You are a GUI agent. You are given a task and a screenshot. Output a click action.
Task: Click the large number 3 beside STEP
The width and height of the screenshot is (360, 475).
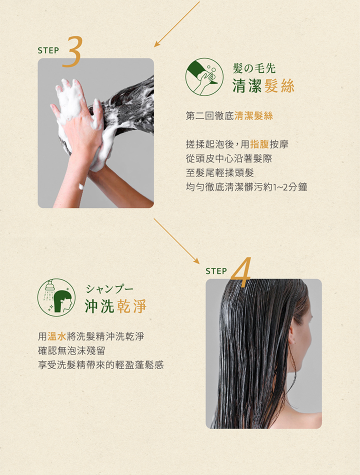pyautogui.click(x=73, y=51)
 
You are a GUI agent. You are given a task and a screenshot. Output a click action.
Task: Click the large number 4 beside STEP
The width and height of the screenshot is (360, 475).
pyautogui.click(x=241, y=272)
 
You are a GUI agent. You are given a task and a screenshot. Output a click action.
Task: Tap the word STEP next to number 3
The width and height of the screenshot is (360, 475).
pyautogui.click(x=48, y=50)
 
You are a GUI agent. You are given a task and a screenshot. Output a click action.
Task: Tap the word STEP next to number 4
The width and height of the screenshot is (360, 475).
pyautogui.click(x=216, y=271)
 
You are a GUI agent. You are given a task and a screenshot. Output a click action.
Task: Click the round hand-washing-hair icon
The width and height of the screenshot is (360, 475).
pyautogui.click(x=204, y=76)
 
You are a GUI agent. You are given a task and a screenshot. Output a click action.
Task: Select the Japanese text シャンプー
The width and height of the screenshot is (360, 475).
pyautogui.click(x=109, y=289)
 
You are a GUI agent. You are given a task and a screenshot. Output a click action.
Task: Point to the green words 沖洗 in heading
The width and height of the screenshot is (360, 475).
pyautogui.click(x=99, y=306)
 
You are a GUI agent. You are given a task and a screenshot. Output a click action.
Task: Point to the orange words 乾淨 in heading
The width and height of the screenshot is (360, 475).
pyautogui.click(x=131, y=306)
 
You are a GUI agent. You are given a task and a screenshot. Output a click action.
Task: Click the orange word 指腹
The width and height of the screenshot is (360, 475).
pyautogui.click(x=259, y=144)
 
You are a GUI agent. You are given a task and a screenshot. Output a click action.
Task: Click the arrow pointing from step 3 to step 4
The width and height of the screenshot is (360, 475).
pyautogui.click(x=177, y=241)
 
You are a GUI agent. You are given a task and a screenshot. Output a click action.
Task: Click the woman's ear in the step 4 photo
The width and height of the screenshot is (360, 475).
pyautogui.click(x=292, y=336)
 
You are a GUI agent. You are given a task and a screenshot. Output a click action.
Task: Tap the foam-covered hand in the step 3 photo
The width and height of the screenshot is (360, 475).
pyautogui.click(x=72, y=107)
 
